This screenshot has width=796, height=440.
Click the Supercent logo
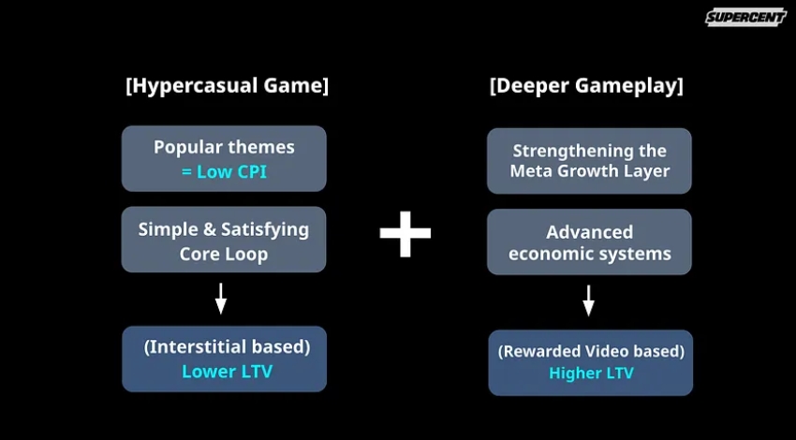click(x=745, y=17)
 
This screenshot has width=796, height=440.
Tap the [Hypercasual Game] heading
click(x=227, y=85)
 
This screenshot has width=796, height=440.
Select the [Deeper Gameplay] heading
click(x=586, y=85)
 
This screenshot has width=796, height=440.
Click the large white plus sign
click(x=405, y=233)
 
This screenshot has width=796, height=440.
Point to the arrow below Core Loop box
click(x=220, y=299)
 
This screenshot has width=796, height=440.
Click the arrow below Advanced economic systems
click(x=588, y=301)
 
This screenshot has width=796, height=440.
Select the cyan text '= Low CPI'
click(x=224, y=172)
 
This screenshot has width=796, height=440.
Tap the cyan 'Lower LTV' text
click(x=227, y=372)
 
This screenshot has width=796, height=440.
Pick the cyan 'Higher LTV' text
click(x=592, y=374)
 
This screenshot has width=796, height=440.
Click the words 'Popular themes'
click(x=224, y=147)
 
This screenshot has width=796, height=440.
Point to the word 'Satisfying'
click(x=265, y=230)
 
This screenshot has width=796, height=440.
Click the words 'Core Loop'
click(x=224, y=254)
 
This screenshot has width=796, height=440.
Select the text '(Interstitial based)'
click(x=227, y=347)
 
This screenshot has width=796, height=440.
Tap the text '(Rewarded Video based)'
click(x=591, y=351)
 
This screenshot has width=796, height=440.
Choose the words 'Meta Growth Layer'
click(x=590, y=171)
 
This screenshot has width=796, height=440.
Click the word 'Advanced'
click(x=589, y=232)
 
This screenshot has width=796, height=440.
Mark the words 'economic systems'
click(x=590, y=254)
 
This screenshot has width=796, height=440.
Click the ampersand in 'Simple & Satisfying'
click(x=210, y=229)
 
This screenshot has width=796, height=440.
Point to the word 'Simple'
click(x=168, y=230)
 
